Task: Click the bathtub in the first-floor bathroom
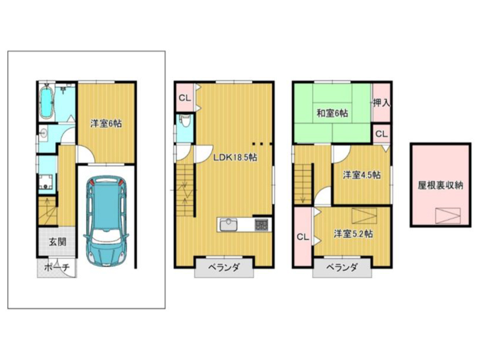47,101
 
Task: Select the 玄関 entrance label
58,242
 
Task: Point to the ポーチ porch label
57,268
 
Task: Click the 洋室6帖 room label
106,124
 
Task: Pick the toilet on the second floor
185,122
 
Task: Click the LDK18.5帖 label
235,158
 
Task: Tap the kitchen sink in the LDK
228,224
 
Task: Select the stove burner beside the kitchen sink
261,224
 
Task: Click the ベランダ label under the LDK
224,268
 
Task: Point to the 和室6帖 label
332,113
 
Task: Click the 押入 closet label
382,103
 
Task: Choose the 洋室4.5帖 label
362,175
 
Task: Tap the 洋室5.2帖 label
353,234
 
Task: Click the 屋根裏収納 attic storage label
440,185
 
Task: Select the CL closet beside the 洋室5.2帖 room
302,237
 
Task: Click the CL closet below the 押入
382,134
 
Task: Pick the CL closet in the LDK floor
185,98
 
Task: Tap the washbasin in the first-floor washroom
44,133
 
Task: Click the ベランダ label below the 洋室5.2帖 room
342,268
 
